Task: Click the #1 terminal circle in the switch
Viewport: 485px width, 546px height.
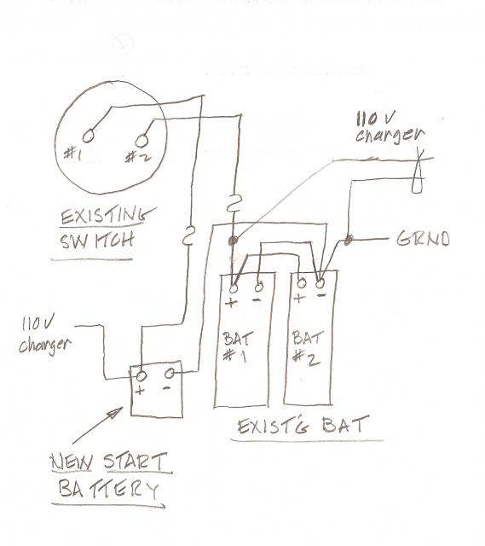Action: coord(88,136)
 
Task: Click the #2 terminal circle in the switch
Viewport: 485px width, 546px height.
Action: coord(141,141)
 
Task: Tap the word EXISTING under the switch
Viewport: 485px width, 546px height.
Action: coord(106,216)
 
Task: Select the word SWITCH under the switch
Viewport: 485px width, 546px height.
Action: coord(97,241)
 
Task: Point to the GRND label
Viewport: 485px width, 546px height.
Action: coord(423,239)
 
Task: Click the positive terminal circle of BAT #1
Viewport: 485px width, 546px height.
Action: coord(234,288)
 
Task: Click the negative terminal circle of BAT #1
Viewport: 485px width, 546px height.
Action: coord(259,288)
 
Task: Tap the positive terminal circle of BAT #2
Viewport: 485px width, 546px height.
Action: coord(301,282)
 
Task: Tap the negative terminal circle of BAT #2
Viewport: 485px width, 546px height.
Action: coord(320,283)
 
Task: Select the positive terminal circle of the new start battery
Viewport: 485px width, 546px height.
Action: coord(141,375)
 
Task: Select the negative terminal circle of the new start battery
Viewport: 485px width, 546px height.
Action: coord(170,374)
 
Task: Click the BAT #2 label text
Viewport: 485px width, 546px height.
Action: coord(307,347)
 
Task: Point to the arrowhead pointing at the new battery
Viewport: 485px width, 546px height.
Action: coord(116,413)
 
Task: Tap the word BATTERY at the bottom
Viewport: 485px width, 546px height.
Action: coord(108,489)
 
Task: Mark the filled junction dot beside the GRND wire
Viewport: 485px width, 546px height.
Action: coord(349,240)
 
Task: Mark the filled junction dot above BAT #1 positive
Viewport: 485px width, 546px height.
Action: coord(233,240)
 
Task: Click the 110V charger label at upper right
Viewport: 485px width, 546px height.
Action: coord(390,128)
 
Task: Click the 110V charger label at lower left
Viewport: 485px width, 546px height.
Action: coord(45,336)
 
